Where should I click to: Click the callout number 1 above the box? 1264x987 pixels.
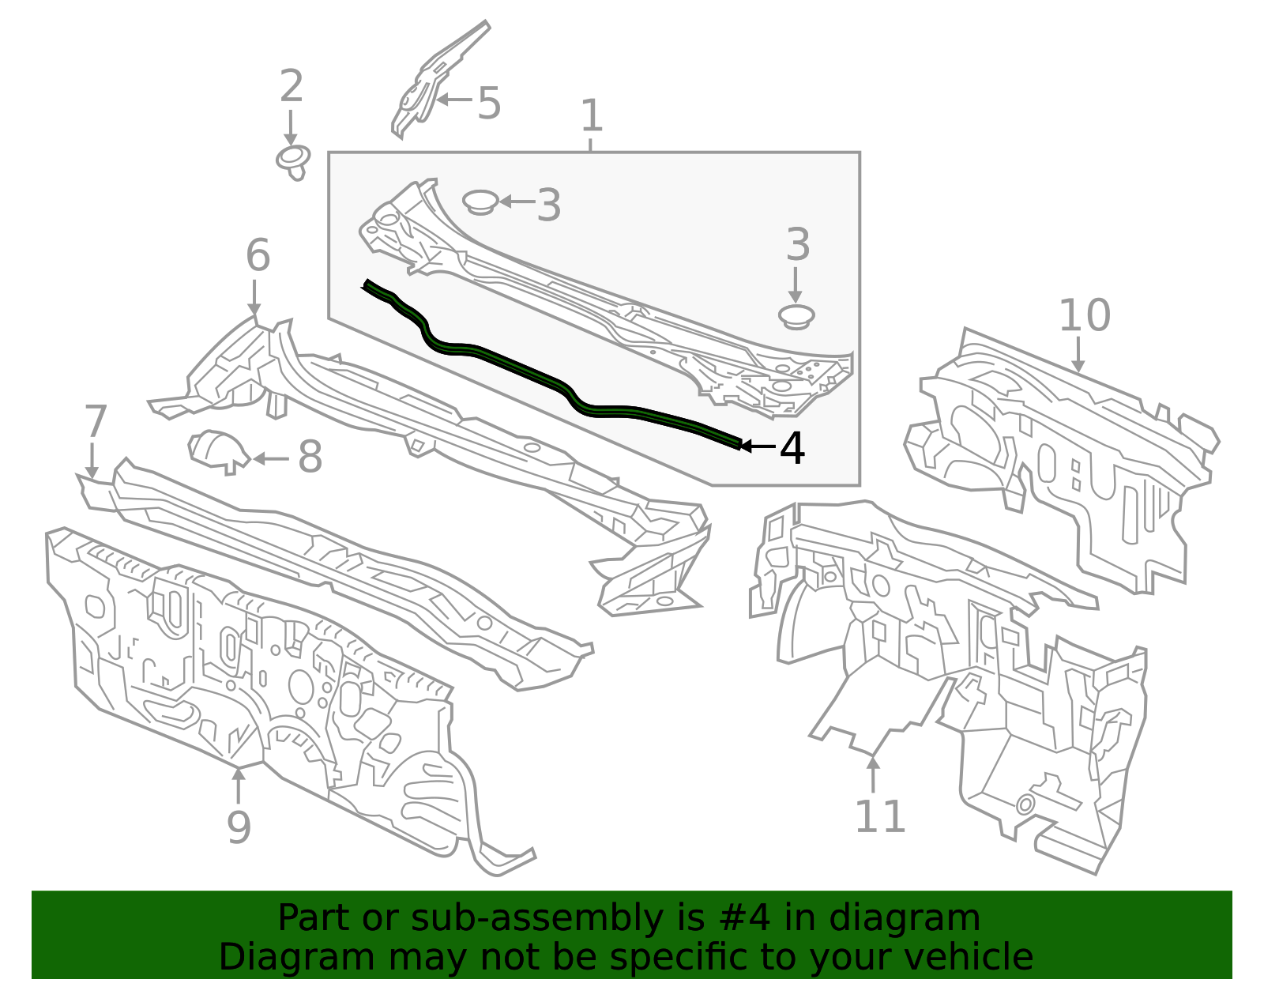tap(591, 116)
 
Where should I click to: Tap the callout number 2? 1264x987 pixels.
tap(291, 86)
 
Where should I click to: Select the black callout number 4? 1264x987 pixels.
tap(792, 448)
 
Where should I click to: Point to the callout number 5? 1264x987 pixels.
tap(489, 104)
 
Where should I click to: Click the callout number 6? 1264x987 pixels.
tap(258, 256)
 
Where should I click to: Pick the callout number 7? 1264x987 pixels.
tap(95, 421)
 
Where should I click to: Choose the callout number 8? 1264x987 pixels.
tap(310, 458)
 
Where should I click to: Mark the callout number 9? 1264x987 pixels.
tap(239, 827)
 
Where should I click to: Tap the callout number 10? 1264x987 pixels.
tap(1084, 315)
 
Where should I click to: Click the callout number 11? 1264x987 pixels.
tap(879, 817)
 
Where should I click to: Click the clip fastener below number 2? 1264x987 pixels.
tap(292, 161)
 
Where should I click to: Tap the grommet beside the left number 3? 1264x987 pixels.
tap(479, 201)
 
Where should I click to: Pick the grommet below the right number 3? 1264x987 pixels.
tap(796, 317)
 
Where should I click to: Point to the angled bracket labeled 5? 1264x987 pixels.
tap(431, 83)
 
